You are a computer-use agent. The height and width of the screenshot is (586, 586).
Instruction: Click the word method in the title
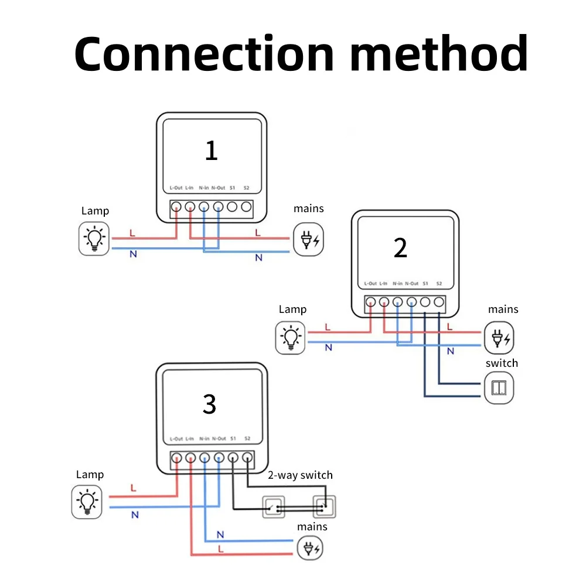coord(439,53)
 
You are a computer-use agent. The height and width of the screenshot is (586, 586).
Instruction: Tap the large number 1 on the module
coord(212,151)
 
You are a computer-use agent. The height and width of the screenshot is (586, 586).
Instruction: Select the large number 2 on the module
coord(400,248)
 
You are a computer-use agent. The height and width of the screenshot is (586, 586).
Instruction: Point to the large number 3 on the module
coord(209,404)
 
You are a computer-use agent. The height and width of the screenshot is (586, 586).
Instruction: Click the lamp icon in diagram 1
coord(94,239)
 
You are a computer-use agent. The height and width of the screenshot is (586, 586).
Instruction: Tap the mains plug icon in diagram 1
coord(309,239)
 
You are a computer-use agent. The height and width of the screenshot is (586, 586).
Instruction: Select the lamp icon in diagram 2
coord(291,338)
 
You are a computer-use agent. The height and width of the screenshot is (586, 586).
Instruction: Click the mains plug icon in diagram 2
coord(499,338)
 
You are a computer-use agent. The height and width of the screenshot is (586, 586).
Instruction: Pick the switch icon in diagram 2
coord(499,387)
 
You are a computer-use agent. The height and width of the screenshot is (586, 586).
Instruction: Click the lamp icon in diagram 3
coord(87,502)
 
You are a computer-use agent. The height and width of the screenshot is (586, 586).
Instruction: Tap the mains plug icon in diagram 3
coord(310,548)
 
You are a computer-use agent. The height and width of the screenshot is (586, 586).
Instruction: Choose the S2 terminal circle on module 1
coord(246,206)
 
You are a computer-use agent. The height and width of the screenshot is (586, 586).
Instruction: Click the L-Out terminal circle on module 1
coord(176,206)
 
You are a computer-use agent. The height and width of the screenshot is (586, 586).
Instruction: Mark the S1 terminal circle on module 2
coord(425,302)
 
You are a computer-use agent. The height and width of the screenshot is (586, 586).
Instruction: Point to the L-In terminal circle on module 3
coord(190,458)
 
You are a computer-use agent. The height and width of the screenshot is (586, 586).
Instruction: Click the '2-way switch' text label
coord(300,475)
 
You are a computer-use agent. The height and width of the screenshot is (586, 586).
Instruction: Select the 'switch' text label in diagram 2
coord(502,363)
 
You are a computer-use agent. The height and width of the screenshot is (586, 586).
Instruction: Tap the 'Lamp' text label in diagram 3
coord(90,475)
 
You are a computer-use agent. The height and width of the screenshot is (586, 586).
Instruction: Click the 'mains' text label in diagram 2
coord(503,309)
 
